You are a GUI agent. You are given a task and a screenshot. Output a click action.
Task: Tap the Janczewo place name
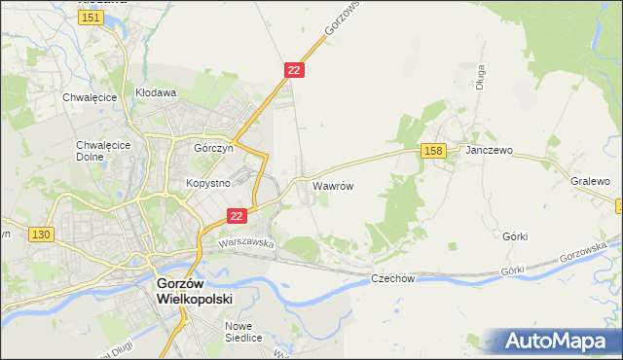coord(489,152)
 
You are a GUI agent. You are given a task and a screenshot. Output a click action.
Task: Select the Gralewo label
coord(590,181)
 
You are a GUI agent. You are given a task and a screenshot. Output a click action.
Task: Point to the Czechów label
coord(393,278)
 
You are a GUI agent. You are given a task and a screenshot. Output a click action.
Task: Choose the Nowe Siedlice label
coord(243,332)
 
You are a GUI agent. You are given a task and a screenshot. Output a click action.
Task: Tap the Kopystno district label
coord(206,183)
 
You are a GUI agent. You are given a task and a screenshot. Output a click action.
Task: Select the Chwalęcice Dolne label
coord(96,151)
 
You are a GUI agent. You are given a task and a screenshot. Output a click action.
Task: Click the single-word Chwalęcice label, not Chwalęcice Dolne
coord(90,97)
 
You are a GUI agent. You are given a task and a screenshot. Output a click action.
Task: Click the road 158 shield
coord(434,150)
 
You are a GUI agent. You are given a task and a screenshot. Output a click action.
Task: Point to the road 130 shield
coord(40,234)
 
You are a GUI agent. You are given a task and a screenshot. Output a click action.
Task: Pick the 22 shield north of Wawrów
coord(295,70)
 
